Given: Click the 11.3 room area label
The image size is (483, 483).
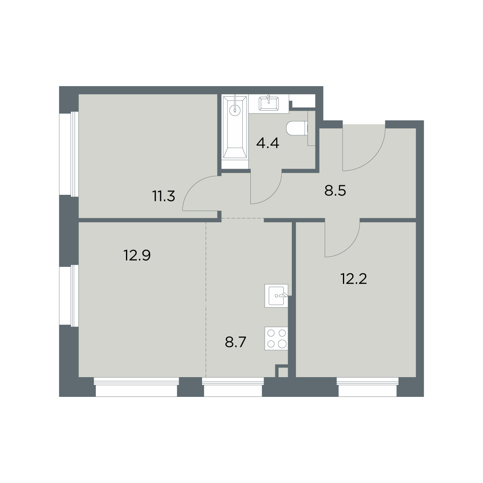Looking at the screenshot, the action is click(164, 196).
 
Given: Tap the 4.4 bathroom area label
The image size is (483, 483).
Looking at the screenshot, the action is click(268, 143).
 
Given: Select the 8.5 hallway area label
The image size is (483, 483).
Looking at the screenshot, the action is click(335, 191).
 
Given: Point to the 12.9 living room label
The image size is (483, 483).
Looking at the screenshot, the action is click(137, 256).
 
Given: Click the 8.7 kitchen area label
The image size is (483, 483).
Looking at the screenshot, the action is click(235, 343).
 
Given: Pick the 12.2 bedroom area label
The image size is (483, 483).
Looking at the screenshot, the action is click(354, 279).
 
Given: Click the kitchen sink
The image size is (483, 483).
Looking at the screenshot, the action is click(276, 295).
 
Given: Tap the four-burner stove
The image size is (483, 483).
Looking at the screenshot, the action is click(276, 339).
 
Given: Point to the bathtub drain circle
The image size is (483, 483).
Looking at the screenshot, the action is click(235, 110).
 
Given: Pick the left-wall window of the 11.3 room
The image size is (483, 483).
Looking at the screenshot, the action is click(69, 154).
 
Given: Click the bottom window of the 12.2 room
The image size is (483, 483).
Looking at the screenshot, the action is click(367, 386).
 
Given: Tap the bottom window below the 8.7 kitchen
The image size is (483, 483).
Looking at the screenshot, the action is click(233, 386).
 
